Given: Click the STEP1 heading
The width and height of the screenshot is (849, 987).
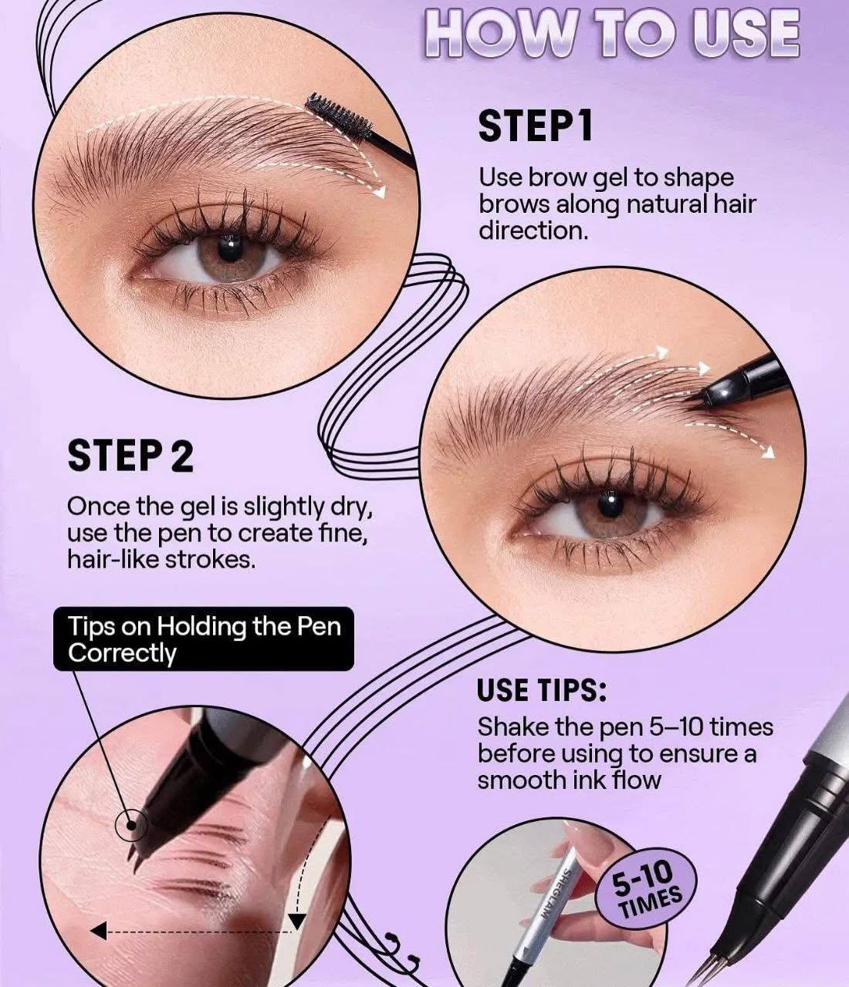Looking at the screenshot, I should click(x=535, y=126).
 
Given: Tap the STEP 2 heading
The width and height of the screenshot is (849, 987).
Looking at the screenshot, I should click(x=130, y=456).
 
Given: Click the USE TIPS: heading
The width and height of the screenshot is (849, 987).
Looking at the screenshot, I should click(x=542, y=690).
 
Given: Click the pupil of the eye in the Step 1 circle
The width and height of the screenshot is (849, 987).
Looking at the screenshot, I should click(x=229, y=248).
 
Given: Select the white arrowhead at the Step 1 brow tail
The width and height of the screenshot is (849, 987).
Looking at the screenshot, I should click(x=381, y=193).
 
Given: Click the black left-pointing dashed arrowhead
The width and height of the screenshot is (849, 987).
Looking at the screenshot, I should click(x=98, y=932).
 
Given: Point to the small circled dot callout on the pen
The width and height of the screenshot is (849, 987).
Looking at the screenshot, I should click(x=130, y=825).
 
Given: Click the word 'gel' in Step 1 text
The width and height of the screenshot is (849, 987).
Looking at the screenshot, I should click(x=600, y=177).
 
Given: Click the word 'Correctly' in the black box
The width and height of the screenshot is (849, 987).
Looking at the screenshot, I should click(x=122, y=653).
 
